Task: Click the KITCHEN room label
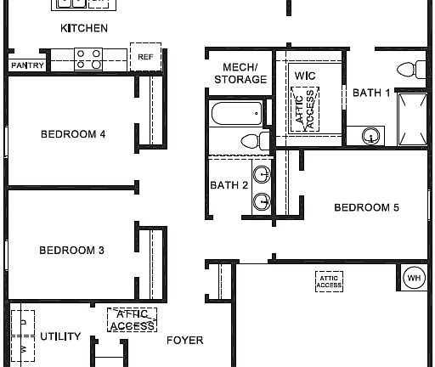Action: (84, 28)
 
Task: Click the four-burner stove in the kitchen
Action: (88, 59)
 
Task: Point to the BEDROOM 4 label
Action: (73, 133)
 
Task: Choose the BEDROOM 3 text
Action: (71, 250)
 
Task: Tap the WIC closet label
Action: (305, 76)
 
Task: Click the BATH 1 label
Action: (371, 93)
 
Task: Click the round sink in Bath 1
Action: (371, 134)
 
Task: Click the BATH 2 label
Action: (229, 185)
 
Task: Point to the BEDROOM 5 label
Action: (366, 207)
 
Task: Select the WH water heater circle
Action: (413, 278)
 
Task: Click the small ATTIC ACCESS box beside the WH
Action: (329, 281)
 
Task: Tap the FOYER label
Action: (184, 341)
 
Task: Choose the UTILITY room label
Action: (60, 336)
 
